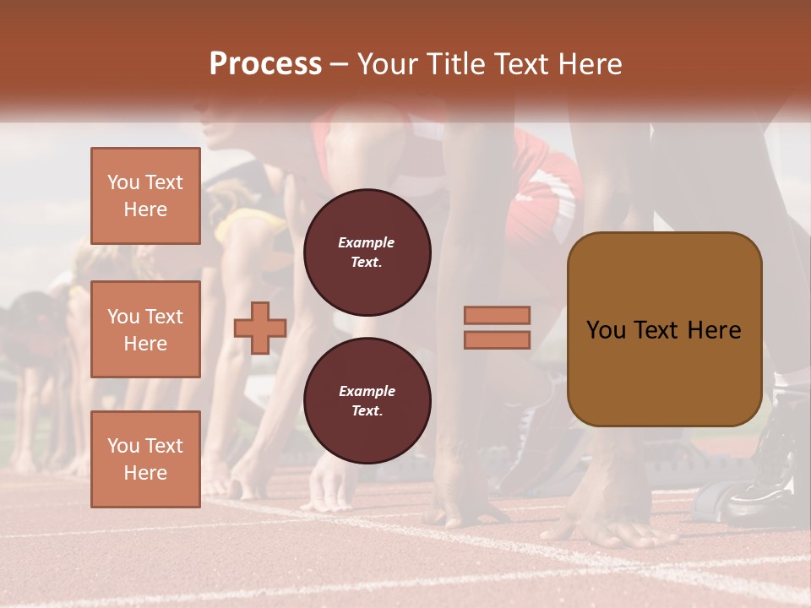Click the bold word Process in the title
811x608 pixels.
pyautogui.click(x=265, y=64)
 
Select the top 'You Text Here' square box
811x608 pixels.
pyautogui.click(x=145, y=196)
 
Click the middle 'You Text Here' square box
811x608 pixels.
pyautogui.click(x=145, y=329)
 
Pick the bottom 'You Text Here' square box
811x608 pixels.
pyautogui.click(x=145, y=459)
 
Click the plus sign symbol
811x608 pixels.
pyautogui.click(x=260, y=328)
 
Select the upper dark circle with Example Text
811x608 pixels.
pyautogui.click(x=367, y=252)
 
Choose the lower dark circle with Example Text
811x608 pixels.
pyautogui.click(x=367, y=401)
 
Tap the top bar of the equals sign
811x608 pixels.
pyautogui.click(x=497, y=315)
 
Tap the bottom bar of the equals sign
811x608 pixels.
pyautogui.click(x=497, y=339)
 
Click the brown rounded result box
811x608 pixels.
pyautogui.click(x=664, y=328)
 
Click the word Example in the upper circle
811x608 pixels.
pyautogui.click(x=366, y=242)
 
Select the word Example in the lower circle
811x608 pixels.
pyautogui.click(x=366, y=391)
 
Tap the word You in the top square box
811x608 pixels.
pyautogui.click(x=123, y=182)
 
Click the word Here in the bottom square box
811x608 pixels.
pyautogui.click(x=145, y=473)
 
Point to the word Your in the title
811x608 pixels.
pyautogui.click(x=388, y=64)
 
